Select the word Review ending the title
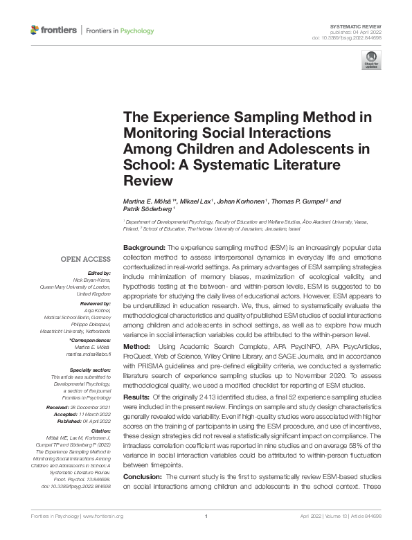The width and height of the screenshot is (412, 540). point(146,181)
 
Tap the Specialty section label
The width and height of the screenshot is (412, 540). point(87,369)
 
